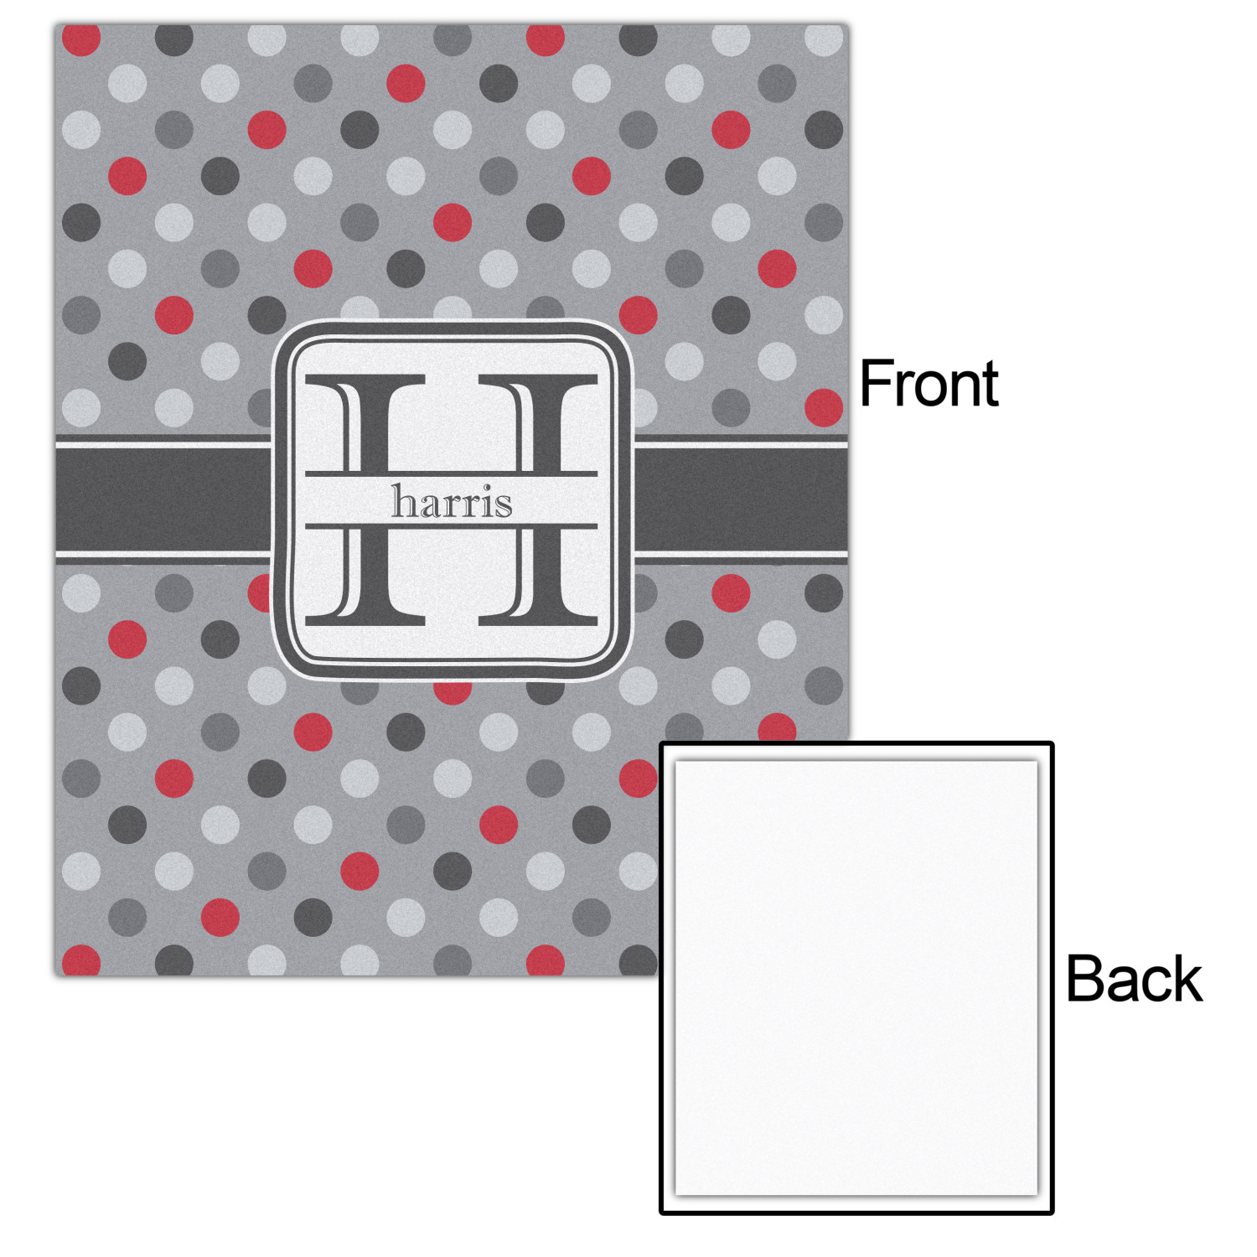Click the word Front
click(x=929, y=383)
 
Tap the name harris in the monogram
click(x=452, y=501)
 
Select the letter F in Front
click(x=877, y=383)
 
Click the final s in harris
click(x=504, y=505)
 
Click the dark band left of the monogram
click(x=164, y=499)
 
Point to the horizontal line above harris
click(x=451, y=474)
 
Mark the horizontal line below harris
click(x=451, y=526)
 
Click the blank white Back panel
click(x=856, y=977)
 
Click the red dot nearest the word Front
click(x=823, y=407)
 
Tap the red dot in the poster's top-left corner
click(x=81, y=39)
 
